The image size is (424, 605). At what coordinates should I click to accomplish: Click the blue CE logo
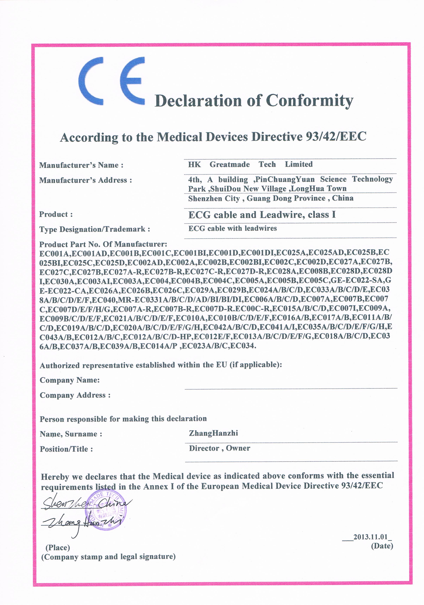pyautogui.click(x=111, y=81)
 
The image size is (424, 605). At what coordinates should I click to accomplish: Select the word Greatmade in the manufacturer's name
pyautogui.click(x=230, y=164)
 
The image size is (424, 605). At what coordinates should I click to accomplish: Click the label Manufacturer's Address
pyautogui.click(x=85, y=180)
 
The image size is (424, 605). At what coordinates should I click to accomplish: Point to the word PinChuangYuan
pyautogui.click(x=285, y=179)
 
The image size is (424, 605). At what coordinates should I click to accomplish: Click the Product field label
pyautogui.click(x=56, y=214)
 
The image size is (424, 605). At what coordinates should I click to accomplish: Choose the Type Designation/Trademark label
pyautogui.click(x=95, y=229)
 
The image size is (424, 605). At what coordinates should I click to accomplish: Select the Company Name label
pyautogui.click(x=70, y=380)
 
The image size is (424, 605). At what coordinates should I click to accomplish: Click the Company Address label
pyautogui.click(x=75, y=395)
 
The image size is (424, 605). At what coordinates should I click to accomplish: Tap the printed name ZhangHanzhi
pyautogui.click(x=213, y=433)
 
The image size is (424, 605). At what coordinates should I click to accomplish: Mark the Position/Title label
pyautogui.click(x=66, y=449)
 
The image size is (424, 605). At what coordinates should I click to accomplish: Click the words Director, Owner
pyautogui.click(x=219, y=448)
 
